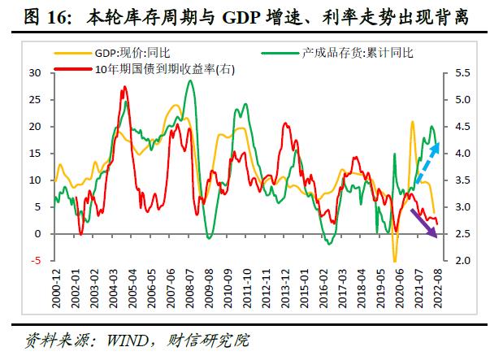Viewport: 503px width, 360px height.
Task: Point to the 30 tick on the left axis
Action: click(35, 72)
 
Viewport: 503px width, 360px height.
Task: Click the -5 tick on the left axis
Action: click(37, 261)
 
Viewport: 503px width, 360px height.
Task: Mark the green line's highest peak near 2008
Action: click(190, 80)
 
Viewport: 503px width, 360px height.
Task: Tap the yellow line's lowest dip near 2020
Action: click(396, 261)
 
